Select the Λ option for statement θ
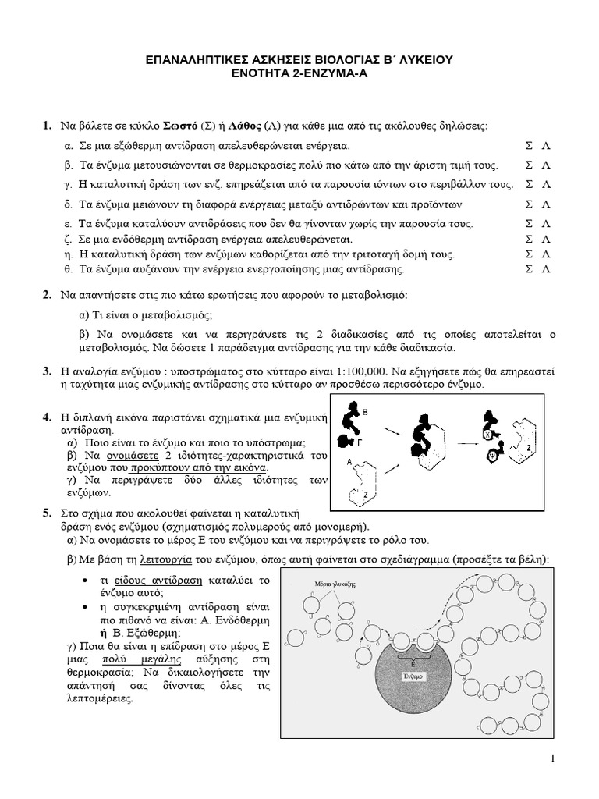click(x=547, y=268)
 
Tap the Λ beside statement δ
click(x=547, y=204)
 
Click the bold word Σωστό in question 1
click(x=181, y=126)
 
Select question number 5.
click(x=47, y=513)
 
